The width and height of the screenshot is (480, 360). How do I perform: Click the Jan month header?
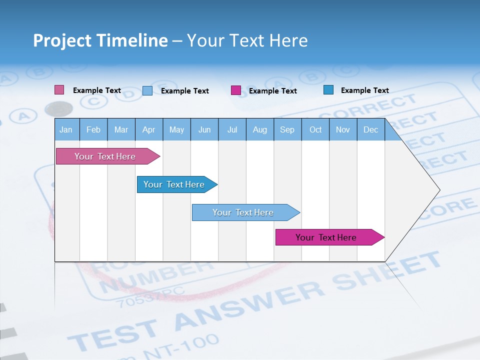(66, 130)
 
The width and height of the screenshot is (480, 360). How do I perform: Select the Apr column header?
(148, 130)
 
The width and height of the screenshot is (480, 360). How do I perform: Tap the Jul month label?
(232, 130)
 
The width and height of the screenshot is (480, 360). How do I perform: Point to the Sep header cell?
(287, 130)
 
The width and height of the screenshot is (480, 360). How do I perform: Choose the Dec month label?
(370, 130)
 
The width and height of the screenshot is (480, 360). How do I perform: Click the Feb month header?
(93, 130)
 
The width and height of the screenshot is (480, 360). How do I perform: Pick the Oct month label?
(315, 130)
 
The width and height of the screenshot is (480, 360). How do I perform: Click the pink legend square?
(59, 90)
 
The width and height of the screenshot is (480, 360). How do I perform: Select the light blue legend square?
(147, 90)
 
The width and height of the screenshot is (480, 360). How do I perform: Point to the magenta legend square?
(236, 90)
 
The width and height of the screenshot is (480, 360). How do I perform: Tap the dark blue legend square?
(328, 90)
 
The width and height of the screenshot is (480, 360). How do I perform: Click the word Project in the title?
(62, 40)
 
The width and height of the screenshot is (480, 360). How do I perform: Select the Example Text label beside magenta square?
(272, 91)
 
